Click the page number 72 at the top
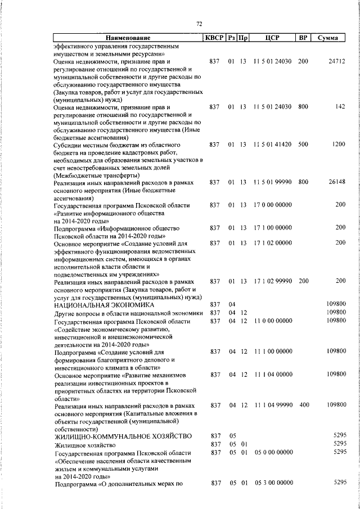(199, 23)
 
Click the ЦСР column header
(272, 38)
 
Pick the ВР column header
(303, 38)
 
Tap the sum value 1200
(338, 145)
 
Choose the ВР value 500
(303, 145)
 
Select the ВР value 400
(304, 405)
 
